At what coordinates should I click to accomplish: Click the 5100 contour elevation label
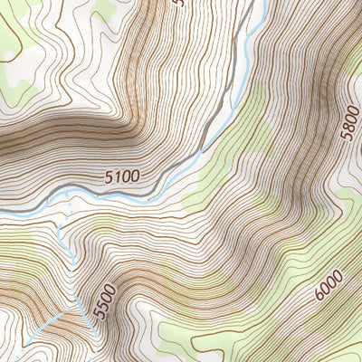122,177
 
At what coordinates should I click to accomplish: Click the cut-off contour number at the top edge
177,4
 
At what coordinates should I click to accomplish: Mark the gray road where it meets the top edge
250,2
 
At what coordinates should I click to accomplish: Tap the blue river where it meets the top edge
263,2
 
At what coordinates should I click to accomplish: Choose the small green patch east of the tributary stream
104,221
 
